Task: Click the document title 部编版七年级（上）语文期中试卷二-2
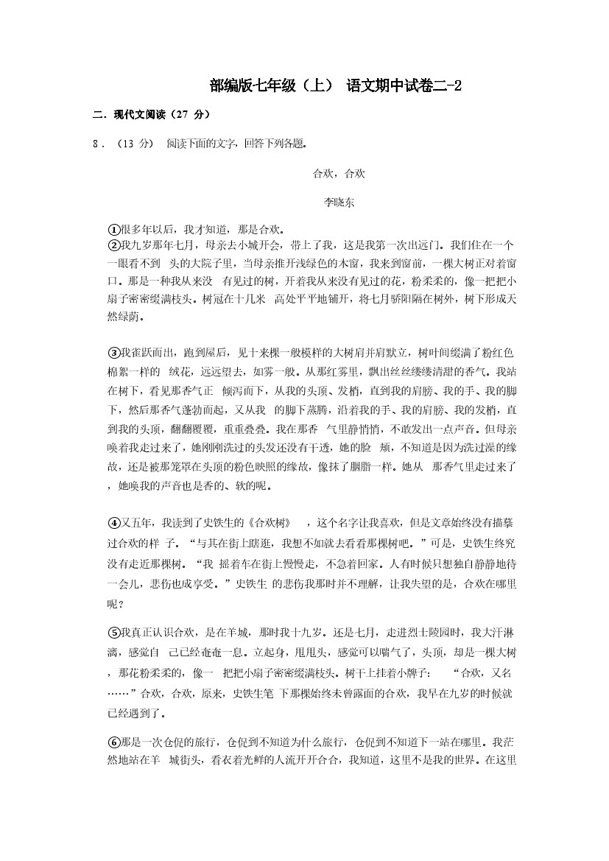pos(334,86)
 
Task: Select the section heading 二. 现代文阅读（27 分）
pos(151,115)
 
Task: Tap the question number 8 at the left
pos(94,144)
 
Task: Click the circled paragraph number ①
pos(113,229)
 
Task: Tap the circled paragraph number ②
pos(113,245)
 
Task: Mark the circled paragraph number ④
pos(113,523)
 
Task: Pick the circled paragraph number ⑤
pos(113,632)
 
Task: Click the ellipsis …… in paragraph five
pos(118,693)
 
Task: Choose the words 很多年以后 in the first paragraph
pos(149,229)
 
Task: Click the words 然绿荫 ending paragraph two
pos(125,317)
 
